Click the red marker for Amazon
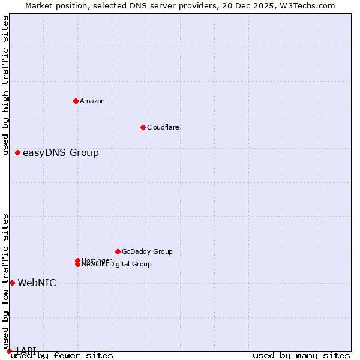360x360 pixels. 76,101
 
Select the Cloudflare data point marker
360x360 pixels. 143,127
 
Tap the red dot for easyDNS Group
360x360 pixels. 18,153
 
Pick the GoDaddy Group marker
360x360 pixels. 118,251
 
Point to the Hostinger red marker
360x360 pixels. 78,260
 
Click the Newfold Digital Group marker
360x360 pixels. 78,264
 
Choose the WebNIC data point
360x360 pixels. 12,283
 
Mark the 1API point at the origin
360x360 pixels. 9,351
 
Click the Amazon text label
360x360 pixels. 92,101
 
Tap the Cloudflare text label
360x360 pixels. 163,127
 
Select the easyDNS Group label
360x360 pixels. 61,153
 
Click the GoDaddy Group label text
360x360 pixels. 147,251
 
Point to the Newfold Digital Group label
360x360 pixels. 117,265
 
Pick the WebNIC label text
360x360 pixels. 37,283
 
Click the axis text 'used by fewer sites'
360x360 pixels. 62,356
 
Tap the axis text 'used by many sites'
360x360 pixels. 301,356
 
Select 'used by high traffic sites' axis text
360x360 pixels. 6,85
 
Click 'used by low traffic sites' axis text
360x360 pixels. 6,281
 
